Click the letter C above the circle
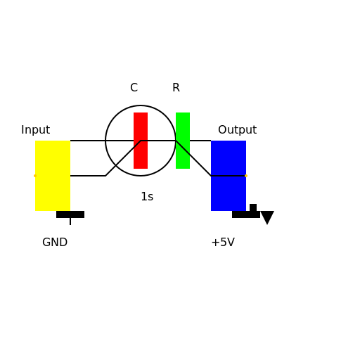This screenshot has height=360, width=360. coord(134,88)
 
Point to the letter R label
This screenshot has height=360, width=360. coord(176,88)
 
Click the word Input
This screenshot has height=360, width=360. coord(35,130)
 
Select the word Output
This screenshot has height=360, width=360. coord(237,130)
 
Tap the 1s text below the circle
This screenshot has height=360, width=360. coord(147,197)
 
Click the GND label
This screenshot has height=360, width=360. coord(55,243)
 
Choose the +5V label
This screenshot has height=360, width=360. coord(223,243)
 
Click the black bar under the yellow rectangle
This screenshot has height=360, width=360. coord(70,214)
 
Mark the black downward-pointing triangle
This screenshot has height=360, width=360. coord(267,217)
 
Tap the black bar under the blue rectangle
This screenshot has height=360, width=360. coord(243,214)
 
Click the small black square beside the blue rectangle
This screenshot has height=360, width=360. coord(253,207)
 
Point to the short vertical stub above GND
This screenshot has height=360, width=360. coord(70,221)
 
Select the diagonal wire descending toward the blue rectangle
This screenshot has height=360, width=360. coord(193,158)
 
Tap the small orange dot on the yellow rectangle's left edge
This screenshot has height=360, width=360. coord(35,176)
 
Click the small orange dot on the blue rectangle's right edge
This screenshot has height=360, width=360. coord(246,176)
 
